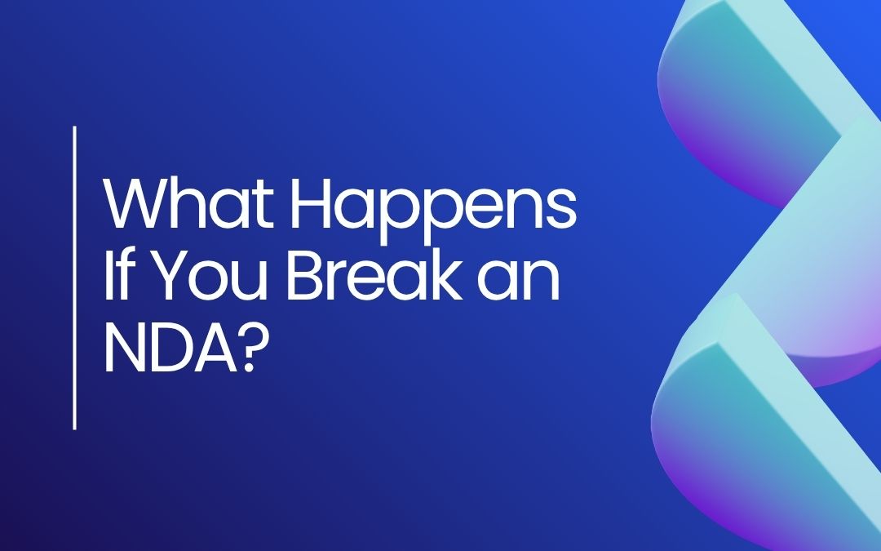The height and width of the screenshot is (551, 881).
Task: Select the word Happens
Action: click(x=433, y=211)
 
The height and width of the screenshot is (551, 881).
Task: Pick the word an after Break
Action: click(x=519, y=282)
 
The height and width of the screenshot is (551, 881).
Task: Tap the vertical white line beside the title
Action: click(x=75, y=278)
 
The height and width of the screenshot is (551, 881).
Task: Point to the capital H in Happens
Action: click(x=310, y=204)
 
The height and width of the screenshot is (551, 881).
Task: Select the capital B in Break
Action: click(x=307, y=275)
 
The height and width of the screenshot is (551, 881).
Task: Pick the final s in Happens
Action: click(x=562, y=211)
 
